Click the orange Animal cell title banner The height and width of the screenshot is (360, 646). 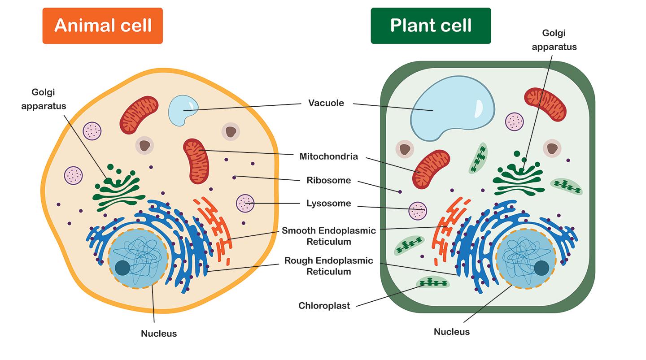click(x=103, y=26)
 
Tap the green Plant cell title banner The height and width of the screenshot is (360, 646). click(x=431, y=26)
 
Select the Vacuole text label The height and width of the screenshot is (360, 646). click(x=326, y=103)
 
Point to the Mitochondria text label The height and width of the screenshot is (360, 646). click(x=328, y=156)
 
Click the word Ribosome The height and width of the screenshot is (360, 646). click(x=328, y=180)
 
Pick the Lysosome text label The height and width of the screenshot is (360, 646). click(x=328, y=203)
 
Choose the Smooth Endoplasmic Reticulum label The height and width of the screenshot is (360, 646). click(x=328, y=236)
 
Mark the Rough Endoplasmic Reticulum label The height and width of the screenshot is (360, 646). click(x=328, y=266)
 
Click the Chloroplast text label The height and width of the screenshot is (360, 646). click(x=324, y=306)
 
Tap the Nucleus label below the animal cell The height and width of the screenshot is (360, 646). click(x=159, y=334)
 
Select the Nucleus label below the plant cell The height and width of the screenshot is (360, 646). click(x=452, y=332)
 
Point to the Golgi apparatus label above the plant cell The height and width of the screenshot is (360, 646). click(x=554, y=40)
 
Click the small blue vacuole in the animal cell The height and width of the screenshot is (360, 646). click(x=181, y=110)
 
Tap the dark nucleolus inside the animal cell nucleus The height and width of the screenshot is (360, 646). click(x=122, y=268)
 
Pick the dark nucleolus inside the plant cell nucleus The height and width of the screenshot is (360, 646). click(x=541, y=268)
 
